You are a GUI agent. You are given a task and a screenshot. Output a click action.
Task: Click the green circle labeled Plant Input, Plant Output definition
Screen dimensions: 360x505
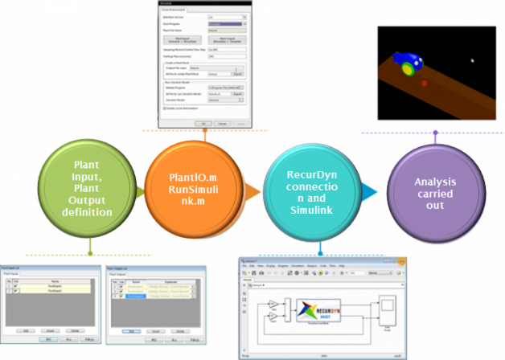click(89, 190)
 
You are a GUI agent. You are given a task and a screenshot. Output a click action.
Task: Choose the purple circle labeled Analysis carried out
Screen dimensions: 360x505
click(435, 192)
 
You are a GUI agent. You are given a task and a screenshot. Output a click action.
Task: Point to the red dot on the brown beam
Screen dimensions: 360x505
click(424, 82)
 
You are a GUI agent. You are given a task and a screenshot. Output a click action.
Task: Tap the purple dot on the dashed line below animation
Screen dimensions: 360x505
click(435, 133)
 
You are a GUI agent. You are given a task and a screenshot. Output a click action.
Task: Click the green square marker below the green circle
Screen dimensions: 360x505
click(90, 241)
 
